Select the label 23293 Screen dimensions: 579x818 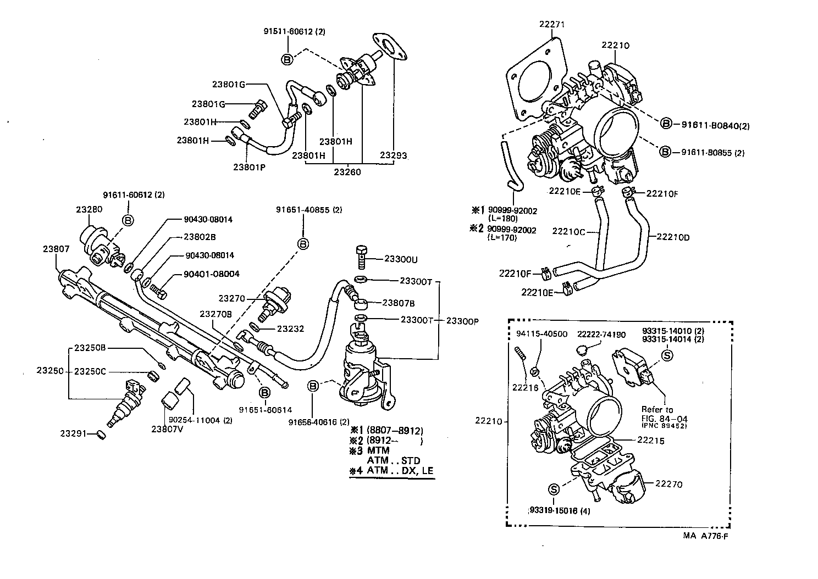(394, 155)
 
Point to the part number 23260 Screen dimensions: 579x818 (347, 172)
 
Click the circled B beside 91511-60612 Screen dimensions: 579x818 (287, 59)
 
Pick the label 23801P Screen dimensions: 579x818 (249, 166)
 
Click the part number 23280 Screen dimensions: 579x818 (89, 209)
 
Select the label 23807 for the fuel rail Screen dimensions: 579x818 (56, 249)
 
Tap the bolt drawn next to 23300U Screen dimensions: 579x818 (361, 254)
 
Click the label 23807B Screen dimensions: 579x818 (399, 302)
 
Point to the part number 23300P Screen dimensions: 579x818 (462, 320)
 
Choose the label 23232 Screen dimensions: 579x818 (290, 329)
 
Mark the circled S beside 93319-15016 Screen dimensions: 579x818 (554, 489)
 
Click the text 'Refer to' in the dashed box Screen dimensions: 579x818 (657, 410)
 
